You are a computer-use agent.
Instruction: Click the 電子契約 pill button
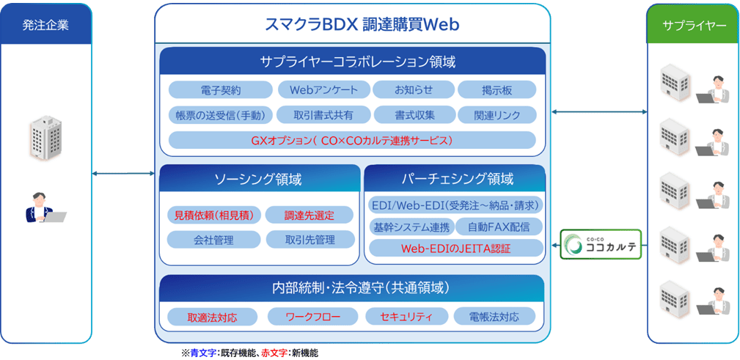[x=221, y=90]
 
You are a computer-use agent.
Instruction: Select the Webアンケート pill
[x=323, y=90]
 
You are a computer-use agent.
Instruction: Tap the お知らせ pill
[x=414, y=90]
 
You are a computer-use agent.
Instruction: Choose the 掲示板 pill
[x=497, y=90]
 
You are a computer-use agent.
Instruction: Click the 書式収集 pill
[x=414, y=115]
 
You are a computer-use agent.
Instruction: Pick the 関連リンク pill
[x=497, y=115]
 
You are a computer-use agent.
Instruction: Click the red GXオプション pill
[x=352, y=140]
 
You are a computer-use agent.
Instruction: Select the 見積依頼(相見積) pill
[x=214, y=216]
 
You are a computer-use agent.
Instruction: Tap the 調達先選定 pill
[x=309, y=216]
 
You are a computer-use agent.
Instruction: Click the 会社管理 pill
[x=214, y=240]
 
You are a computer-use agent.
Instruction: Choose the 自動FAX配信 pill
[x=499, y=227]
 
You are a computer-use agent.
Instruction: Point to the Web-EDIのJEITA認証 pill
[x=455, y=249]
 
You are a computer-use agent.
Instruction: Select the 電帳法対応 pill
[x=496, y=317]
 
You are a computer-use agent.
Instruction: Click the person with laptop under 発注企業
[x=45, y=208]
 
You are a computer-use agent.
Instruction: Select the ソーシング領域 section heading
[x=257, y=180]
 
